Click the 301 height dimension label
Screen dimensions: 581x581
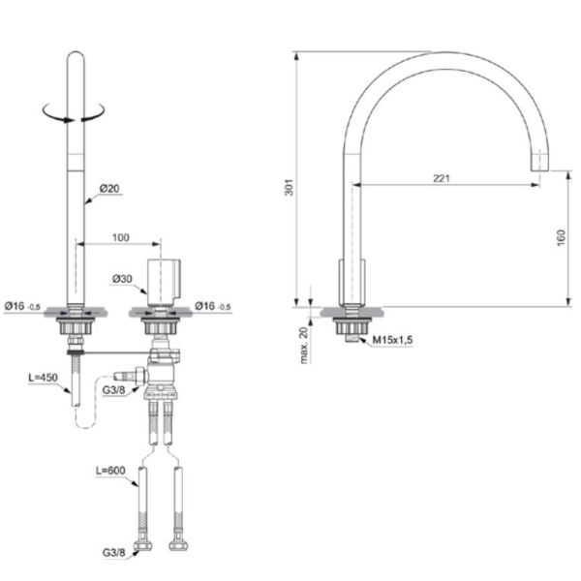tap(289, 187)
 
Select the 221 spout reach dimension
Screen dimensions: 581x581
tap(442, 178)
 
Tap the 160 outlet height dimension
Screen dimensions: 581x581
tap(561, 237)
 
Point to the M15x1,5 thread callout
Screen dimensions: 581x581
tap(392, 340)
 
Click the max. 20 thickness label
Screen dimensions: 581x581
tap(304, 346)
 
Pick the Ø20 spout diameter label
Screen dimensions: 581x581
tap(109, 189)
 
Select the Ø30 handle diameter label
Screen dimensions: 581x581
tap(122, 279)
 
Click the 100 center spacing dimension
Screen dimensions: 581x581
tap(121, 237)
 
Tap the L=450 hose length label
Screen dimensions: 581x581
tap(44, 378)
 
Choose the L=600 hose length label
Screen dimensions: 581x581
tap(110, 471)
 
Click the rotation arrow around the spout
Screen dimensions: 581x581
tap(74, 112)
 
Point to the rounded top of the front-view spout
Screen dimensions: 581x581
tap(76, 55)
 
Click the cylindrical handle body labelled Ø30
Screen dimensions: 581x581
tap(164, 283)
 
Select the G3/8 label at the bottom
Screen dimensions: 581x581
tap(113, 553)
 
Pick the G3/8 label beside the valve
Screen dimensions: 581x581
tap(113, 390)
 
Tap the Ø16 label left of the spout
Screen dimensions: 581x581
tap(22, 306)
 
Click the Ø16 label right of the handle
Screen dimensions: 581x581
tap(213, 306)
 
